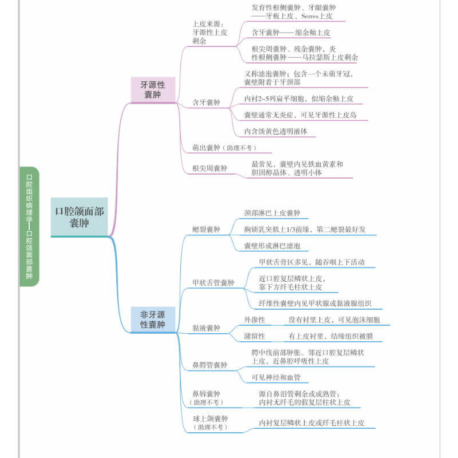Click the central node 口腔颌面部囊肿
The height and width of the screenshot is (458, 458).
click(x=79, y=217)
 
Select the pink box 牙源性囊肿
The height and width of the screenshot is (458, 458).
click(x=153, y=90)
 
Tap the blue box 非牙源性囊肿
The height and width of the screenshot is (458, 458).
click(x=153, y=319)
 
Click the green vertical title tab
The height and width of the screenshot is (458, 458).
click(x=29, y=227)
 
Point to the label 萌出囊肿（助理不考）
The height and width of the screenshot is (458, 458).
click(x=224, y=148)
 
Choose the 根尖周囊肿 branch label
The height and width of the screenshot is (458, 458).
click(x=210, y=168)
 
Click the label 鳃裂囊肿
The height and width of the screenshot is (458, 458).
click(x=206, y=230)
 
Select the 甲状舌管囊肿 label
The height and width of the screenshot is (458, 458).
click(x=213, y=283)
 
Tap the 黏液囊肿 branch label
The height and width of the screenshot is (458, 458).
click(x=206, y=328)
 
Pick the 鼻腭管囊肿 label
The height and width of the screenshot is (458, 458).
click(x=210, y=365)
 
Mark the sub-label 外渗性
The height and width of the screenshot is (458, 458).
click(x=254, y=320)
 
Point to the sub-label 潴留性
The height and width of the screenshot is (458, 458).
click(x=254, y=336)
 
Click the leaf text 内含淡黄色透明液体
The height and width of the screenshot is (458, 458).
click(x=276, y=132)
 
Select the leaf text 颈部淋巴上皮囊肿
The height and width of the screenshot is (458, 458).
click(x=273, y=213)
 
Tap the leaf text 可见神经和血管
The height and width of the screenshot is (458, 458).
click(x=276, y=377)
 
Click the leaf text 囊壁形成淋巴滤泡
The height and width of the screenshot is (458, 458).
click(x=273, y=246)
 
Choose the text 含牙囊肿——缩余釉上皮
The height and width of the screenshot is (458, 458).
click(x=291, y=33)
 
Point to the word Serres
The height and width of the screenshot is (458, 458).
click(x=310, y=16)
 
